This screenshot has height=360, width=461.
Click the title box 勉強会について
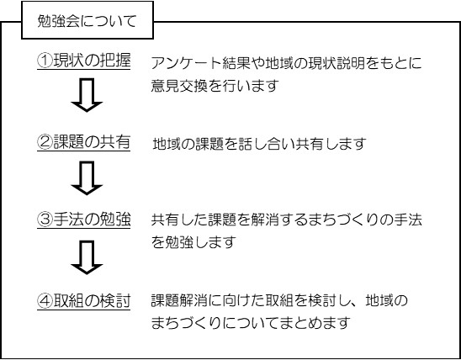point(87,20)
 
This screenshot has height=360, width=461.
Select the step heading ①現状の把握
point(84,61)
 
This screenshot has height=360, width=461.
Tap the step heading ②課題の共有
point(84,143)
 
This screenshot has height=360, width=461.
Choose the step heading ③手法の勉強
point(84,220)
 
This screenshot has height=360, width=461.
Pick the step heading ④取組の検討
point(84,301)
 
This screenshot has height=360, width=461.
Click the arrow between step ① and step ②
point(87,95)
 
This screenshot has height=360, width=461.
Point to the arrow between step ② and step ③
point(87,177)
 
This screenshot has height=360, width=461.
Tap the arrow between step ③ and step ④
point(87,257)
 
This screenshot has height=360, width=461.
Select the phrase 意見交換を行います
point(215,85)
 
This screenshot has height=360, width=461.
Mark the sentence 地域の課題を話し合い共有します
point(260,144)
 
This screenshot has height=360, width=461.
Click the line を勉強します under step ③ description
point(193,242)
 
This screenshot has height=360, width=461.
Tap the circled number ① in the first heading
point(45,61)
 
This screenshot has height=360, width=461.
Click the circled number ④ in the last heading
point(45,301)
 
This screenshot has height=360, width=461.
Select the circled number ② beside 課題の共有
point(45,142)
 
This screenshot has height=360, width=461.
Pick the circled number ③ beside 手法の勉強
point(45,220)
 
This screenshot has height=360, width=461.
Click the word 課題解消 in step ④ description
point(179,300)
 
